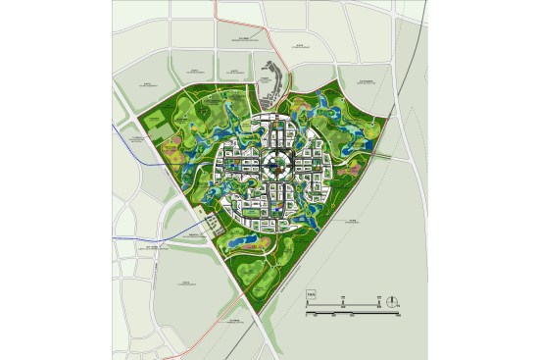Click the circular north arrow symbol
(x=391, y=301)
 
